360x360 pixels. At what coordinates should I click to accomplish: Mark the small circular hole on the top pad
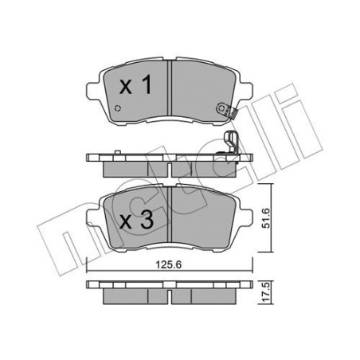pos(119,109)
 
